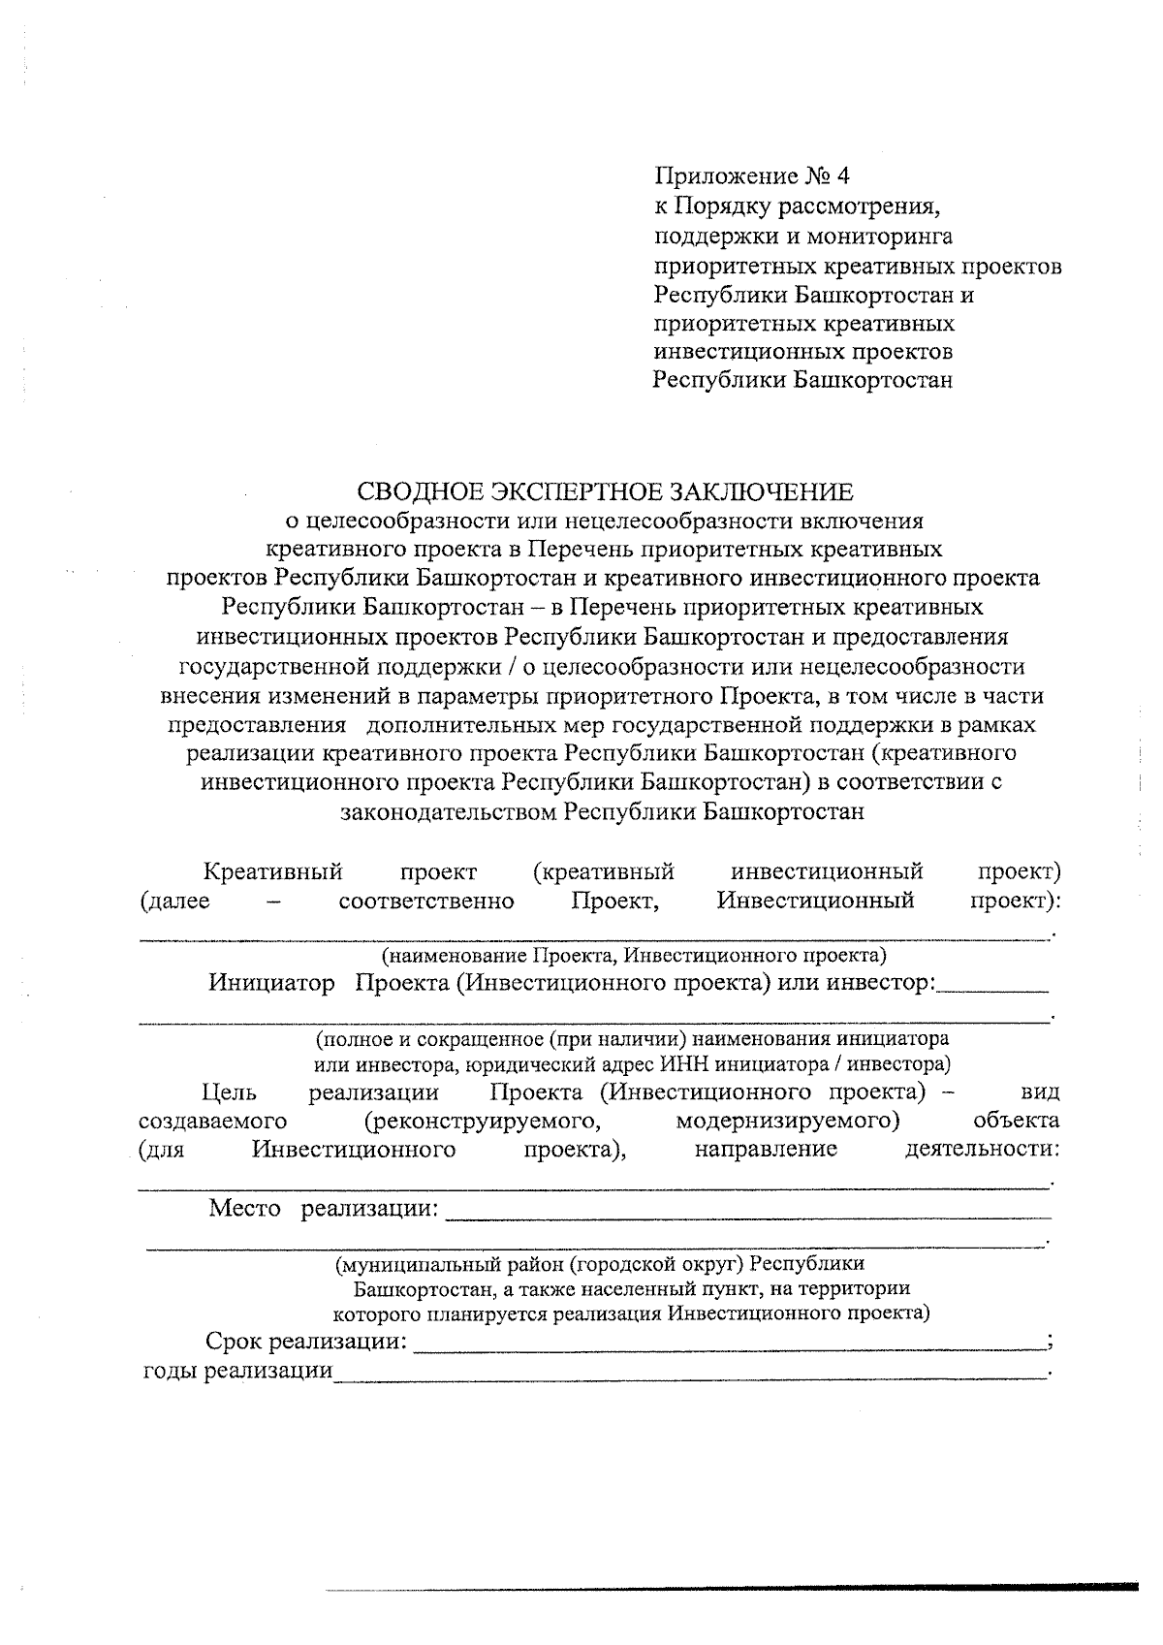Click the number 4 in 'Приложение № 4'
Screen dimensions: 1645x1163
pyautogui.click(x=839, y=176)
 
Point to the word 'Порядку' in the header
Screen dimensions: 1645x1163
pyautogui.click(x=720, y=206)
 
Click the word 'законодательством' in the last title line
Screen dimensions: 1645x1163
pyautogui.click(x=448, y=811)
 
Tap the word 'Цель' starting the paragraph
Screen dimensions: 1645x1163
pyautogui.click(x=229, y=1092)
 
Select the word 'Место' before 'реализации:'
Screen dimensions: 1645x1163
pyautogui.click(x=244, y=1209)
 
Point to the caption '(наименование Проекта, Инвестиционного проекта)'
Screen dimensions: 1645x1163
pyautogui.click(x=634, y=956)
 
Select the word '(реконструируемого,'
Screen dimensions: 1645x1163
pyautogui.click(x=479, y=1122)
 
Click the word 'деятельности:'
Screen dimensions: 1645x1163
pyautogui.click(x=981, y=1150)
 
